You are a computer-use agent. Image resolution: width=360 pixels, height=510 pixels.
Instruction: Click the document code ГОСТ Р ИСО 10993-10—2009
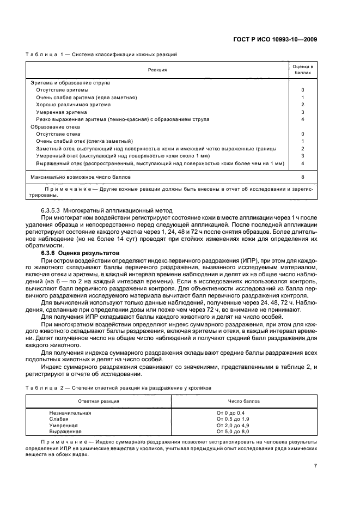pyautogui.click(x=282, y=39)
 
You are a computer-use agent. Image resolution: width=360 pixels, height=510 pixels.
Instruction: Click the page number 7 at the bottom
pyautogui.click(x=315, y=466)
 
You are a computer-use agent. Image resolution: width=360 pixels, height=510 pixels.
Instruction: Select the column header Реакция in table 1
pyautogui.click(x=157, y=70)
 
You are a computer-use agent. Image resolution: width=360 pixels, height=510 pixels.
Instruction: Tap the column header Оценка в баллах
pyautogui.click(x=303, y=69)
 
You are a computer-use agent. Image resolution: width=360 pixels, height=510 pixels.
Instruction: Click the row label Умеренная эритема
pyautogui.click(x=61, y=112)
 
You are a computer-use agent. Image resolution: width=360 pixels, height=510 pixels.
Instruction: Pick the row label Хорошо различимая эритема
pyautogui.click(x=73, y=105)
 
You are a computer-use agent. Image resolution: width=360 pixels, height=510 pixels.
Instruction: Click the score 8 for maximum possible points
pyautogui.click(x=303, y=177)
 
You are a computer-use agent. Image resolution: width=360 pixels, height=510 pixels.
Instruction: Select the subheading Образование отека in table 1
pyautogui.click(x=55, y=126)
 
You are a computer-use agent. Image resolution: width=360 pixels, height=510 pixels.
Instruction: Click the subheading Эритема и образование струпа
pyautogui.click(x=70, y=83)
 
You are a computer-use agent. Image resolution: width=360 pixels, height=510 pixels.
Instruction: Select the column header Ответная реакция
pyautogui.click(x=99, y=400)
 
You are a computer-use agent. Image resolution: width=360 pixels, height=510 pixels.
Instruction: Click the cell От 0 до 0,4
pyautogui.click(x=230, y=413)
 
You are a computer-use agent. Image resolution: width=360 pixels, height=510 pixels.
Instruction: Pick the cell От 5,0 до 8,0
pyautogui.click(x=231, y=431)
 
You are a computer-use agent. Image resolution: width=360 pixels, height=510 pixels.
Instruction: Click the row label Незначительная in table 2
pyautogui.click(x=70, y=413)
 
